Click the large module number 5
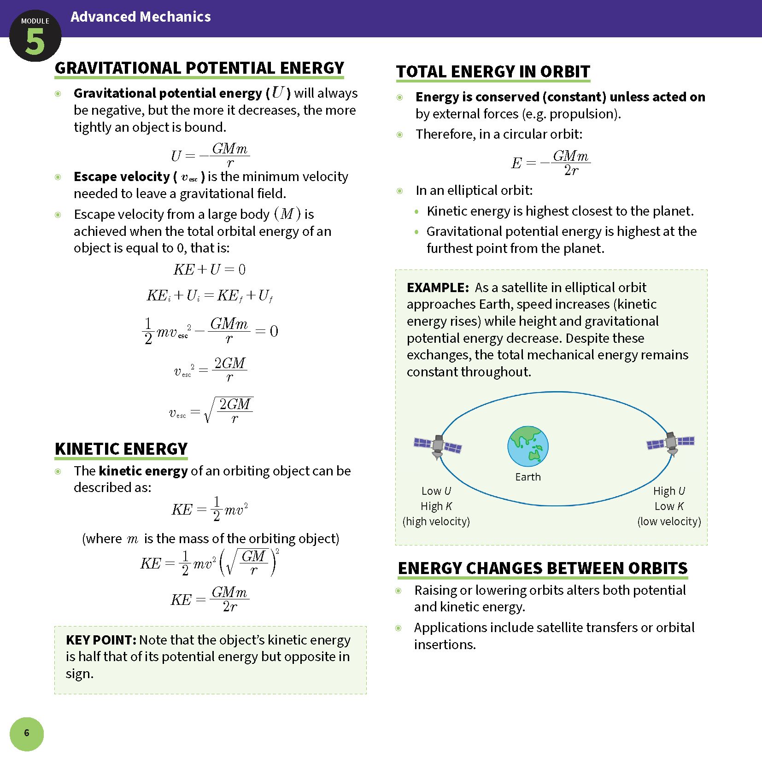click(35, 42)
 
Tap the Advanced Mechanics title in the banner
click(141, 17)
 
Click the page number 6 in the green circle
click(27, 733)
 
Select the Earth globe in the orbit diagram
click(528, 446)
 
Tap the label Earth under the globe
click(528, 477)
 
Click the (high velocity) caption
click(436, 522)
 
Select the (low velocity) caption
click(669, 522)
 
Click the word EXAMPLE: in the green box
click(438, 287)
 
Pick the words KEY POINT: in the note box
click(101, 640)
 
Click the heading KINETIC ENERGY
click(121, 449)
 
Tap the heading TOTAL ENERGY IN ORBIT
click(493, 72)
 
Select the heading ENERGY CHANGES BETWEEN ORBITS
click(543, 568)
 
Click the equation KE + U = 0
click(209, 270)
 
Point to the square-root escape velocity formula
click(211, 410)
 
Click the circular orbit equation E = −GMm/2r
click(551, 163)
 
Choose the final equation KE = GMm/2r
click(210, 599)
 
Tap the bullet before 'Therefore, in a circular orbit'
click(400, 135)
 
